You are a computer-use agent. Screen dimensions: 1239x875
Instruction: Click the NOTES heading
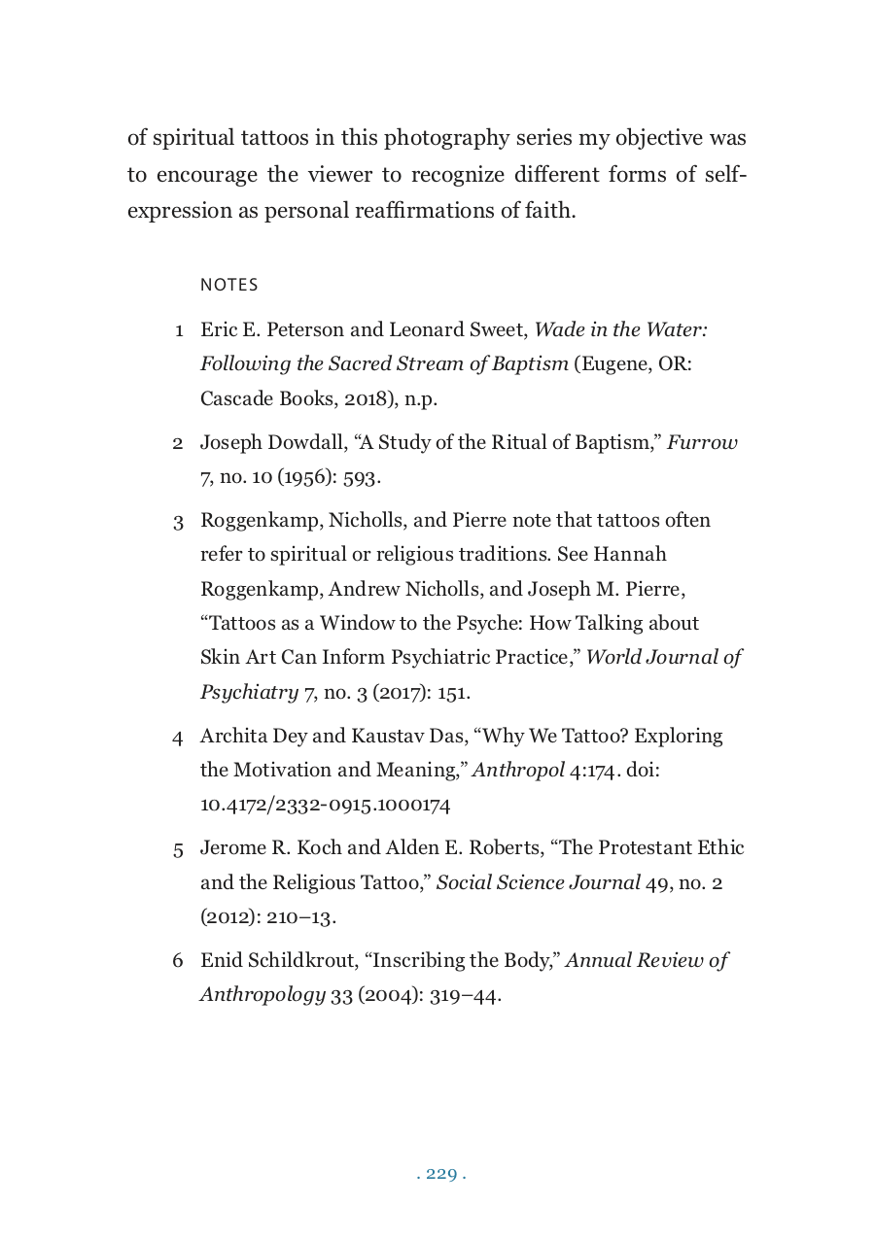tap(228, 285)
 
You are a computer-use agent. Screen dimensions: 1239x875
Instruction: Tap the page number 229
tap(441, 1174)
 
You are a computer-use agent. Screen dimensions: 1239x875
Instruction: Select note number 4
tap(178, 737)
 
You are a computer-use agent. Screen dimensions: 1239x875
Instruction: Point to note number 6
tap(178, 961)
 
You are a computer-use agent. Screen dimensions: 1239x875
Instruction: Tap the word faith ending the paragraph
tap(550, 210)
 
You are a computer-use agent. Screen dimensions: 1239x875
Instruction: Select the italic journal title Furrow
tap(702, 443)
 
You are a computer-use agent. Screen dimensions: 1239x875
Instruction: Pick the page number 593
tap(361, 477)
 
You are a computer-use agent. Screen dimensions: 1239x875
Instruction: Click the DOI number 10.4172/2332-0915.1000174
tap(325, 805)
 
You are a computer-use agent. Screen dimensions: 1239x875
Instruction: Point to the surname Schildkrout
tap(302, 961)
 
